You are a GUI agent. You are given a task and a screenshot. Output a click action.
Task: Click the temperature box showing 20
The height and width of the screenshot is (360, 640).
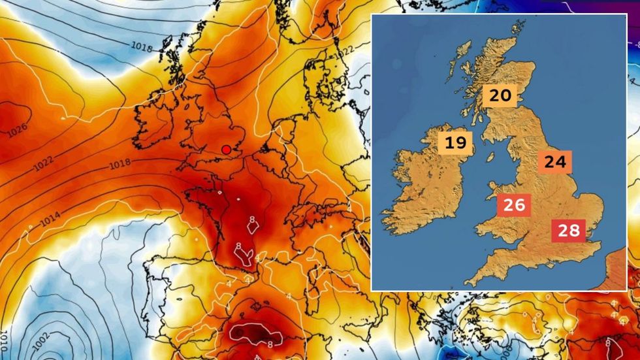pyautogui.click(x=500, y=96)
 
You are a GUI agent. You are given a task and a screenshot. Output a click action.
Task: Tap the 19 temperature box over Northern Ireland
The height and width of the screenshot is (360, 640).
pyautogui.click(x=455, y=142)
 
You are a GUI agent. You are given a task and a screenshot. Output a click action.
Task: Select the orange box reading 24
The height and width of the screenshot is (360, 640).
pyautogui.click(x=554, y=161)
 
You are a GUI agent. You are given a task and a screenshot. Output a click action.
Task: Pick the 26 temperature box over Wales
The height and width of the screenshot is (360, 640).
pyautogui.click(x=513, y=205)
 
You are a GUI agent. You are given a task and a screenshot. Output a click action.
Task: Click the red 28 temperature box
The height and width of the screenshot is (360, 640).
pyautogui.click(x=568, y=230)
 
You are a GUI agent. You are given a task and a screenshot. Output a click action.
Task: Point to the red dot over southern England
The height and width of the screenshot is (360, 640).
pyautogui.click(x=226, y=149)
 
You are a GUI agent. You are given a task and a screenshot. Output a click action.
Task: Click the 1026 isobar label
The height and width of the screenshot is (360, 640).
pyautogui.click(x=18, y=130)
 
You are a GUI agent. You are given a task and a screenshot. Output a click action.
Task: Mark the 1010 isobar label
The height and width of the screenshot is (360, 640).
pyautogui.click(x=5, y=340)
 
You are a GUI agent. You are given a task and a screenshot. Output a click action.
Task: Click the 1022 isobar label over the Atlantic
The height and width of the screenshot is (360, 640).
pyautogui.click(x=43, y=164)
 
